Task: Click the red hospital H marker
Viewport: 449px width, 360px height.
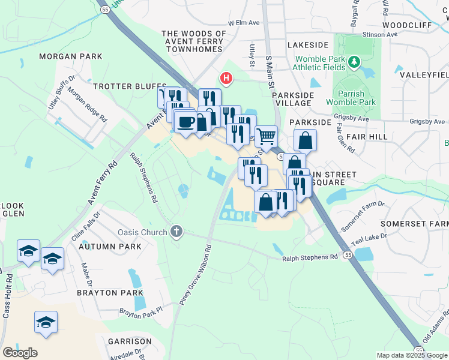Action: pyautogui.click(x=226, y=78)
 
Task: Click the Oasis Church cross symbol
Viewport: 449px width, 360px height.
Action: pyautogui.click(x=176, y=231)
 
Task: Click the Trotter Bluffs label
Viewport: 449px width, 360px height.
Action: pyautogui.click(x=121, y=86)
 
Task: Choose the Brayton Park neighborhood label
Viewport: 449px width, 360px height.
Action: pyautogui.click(x=110, y=293)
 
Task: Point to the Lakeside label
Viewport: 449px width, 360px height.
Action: pyautogui.click(x=308, y=45)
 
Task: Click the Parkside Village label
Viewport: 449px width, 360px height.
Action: pyautogui.click(x=293, y=99)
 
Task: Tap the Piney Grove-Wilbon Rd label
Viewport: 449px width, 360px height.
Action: pyautogui.click(x=196, y=273)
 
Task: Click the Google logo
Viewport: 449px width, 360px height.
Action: pyautogui.click(x=20, y=353)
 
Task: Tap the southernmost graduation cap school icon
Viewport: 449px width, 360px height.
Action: pyautogui.click(x=46, y=323)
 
